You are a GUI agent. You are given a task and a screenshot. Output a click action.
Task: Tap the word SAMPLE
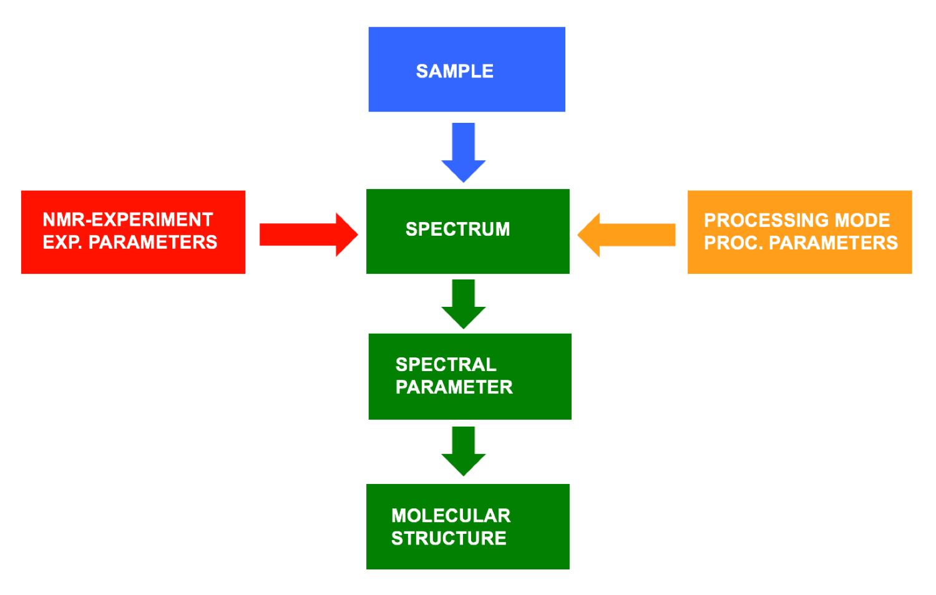tap(454, 71)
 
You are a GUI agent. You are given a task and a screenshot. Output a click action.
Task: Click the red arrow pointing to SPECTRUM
tap(308, 235)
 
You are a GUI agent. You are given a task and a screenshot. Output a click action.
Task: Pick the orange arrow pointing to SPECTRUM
tap(626, 235)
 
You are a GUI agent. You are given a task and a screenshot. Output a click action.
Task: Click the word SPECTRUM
tap(457, 229)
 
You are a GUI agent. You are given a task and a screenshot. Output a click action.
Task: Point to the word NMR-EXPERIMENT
tap(128, 220)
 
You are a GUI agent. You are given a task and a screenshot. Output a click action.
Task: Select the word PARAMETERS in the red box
tap(153, 242)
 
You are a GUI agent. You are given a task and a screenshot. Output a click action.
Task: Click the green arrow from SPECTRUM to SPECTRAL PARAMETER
tap(464, 304)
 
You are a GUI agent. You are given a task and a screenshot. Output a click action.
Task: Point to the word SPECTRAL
tap(446, 364)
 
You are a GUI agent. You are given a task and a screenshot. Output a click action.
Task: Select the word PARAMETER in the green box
tap(454, 387)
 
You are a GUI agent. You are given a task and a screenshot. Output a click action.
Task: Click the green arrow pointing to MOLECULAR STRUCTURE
tap(464, 451)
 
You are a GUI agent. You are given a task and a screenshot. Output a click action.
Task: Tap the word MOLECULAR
tap(451, 516)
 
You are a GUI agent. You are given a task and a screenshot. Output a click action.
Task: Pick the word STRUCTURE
tap(449, 538)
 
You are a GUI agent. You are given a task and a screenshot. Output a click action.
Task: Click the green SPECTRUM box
tap(468, 256)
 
